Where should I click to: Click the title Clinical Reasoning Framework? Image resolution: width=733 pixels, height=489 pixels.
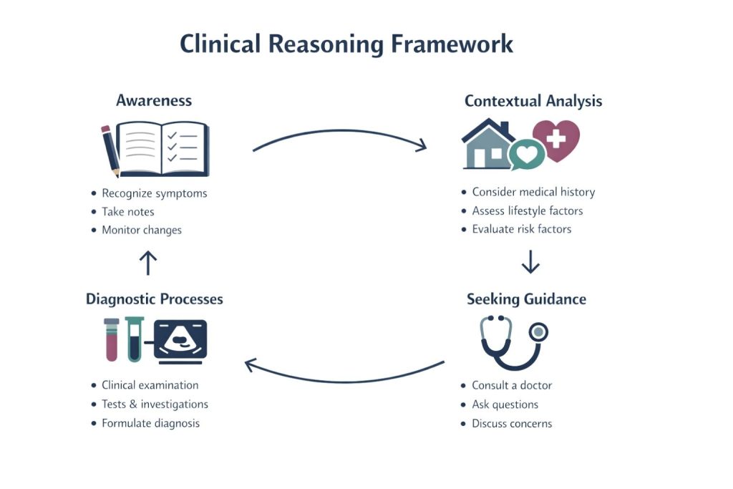(346, 44)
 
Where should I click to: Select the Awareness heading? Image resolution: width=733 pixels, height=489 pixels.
(154, 100)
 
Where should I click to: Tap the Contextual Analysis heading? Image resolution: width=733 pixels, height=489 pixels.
(533, 101)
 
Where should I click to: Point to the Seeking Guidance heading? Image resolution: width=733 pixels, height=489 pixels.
(526, 299)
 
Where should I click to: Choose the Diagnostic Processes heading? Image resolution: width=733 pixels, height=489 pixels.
(155, 299)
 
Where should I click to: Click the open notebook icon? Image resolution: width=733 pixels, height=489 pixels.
(162, 149)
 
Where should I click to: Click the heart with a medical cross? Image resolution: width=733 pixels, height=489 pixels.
(556, 139)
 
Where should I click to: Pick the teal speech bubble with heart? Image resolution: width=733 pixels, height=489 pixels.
(526, 154)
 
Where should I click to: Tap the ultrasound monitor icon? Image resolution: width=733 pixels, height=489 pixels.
(180, 339)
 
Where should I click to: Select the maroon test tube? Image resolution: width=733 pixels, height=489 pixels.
(112, 339)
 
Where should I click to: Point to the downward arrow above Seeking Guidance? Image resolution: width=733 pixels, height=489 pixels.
(530, 261)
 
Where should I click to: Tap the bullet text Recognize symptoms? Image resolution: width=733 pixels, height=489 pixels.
(154, 193)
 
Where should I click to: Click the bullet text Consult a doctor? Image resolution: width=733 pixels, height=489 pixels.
(512, 385)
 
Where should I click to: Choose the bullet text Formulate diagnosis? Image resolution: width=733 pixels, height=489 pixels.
(150, 423)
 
